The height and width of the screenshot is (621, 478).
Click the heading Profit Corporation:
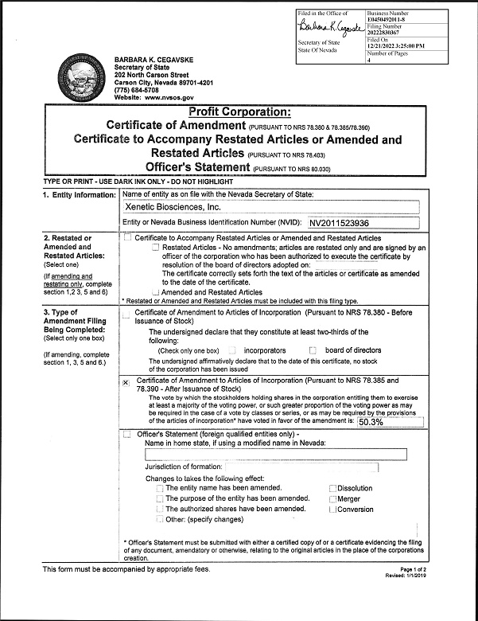(239, 112)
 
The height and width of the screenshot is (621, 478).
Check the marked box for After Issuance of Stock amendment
(126, 382)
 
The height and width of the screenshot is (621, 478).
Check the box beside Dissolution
(332, 488)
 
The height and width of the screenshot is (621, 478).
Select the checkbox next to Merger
(332, 499)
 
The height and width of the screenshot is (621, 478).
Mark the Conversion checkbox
(332, 510)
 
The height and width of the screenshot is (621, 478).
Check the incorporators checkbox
(232, 350)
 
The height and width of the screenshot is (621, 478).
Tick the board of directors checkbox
(313, 350)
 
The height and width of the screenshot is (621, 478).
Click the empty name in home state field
(274, 454)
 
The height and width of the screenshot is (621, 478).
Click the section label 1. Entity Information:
(79, 195)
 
